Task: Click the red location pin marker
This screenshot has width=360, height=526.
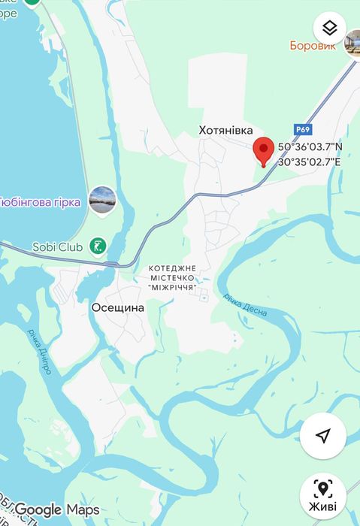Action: pyautogui.click(x=262, y=150)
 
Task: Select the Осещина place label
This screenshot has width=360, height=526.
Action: pyautogui.click(x=118, y=307)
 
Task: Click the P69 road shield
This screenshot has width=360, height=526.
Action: pyautogui.click(x=303, y=129)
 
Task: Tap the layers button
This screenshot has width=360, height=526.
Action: pyautogui.click(x=329, y=29)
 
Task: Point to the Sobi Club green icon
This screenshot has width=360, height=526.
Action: pyautogui.click(x=98, y=246)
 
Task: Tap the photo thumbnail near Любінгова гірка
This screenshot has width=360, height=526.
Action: pyautogui.click(x=102, y=201)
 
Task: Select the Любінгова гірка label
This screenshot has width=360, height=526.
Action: pyautogui.click(x=41, y=202)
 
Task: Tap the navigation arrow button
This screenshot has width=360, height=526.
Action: pyautogui.click(x=323, y=436)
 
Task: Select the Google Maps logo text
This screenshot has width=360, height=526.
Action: pyautogui.click(x=57, y=510)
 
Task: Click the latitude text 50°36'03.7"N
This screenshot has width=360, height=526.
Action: pyautogui.click(x=310, y=147)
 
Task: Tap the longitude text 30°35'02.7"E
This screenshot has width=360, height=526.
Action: pyautogui.click(x=310, y=162)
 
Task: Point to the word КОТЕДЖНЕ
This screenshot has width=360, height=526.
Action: pyautogui.click(x=172, y=268)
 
